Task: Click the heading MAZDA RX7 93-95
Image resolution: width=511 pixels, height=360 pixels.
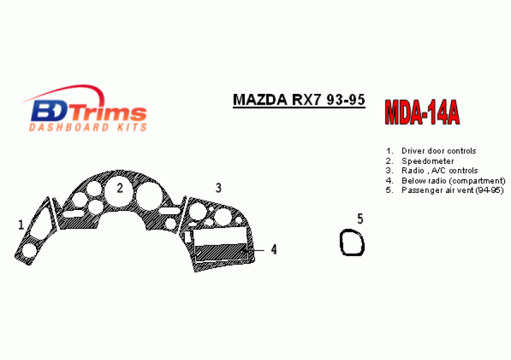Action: (299, 100)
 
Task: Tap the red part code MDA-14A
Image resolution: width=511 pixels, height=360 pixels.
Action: (422, 112)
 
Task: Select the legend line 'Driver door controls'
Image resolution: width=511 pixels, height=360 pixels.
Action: (438, 151)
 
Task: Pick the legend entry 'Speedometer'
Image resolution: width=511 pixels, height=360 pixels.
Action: (428, 161)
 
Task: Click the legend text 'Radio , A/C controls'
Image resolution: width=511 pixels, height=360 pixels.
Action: (440, 170)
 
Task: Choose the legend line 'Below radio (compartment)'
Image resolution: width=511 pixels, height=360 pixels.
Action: (454, 180)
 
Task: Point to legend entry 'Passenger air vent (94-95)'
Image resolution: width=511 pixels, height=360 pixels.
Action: (453, 190)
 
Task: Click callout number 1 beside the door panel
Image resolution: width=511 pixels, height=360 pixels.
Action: (21, 224)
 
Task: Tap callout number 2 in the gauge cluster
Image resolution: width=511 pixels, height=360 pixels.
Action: (120, 188)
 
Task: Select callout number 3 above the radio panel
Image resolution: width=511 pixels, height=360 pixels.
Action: (218, 188)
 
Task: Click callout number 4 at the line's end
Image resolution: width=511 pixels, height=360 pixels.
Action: (274, 249)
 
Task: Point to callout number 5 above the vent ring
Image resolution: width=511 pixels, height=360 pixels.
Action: (360, 219)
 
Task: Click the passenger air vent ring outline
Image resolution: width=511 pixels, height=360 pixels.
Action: (341, 243)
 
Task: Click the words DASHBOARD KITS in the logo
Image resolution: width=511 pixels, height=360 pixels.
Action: (88, 127)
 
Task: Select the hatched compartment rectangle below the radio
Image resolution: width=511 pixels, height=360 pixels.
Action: (221, 252)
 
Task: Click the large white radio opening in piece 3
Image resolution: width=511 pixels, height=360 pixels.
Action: (220, 236)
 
